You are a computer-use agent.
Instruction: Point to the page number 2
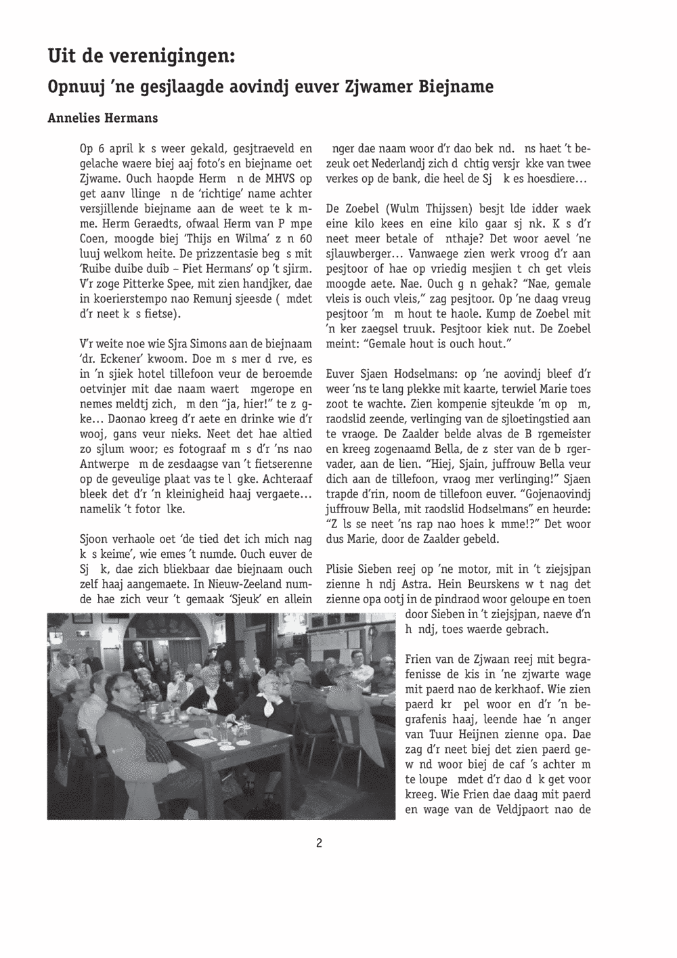[x=318, y=843]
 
